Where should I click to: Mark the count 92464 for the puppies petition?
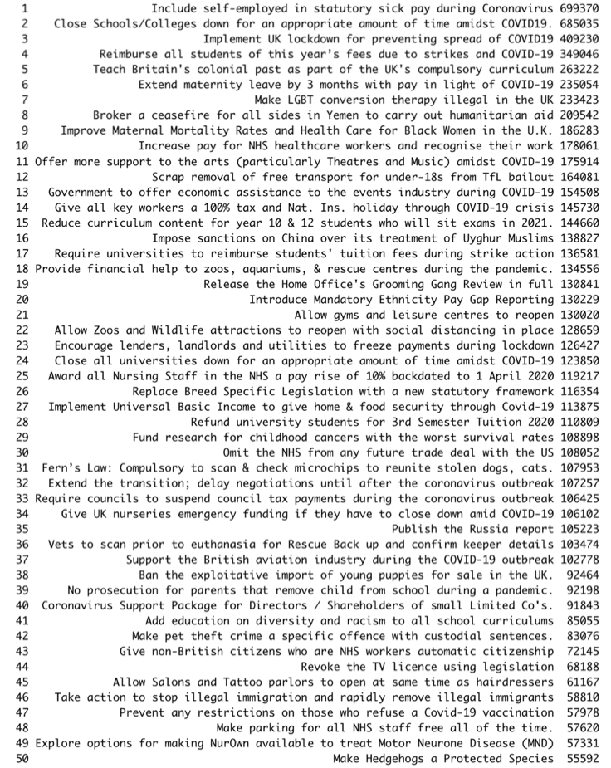tap(584, 574)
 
